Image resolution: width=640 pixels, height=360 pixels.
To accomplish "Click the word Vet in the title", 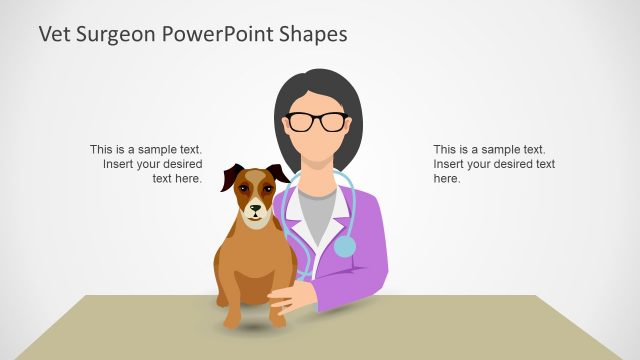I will pyautogui.click(x=54, y=34).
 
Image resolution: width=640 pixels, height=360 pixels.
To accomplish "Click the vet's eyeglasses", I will pyautogui.click(x=317, y=122).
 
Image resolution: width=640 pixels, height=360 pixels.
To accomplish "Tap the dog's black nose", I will pyautogui.click(x=255, y=210).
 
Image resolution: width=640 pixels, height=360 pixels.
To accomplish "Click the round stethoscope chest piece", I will pyautogui.click(x=344, y=245).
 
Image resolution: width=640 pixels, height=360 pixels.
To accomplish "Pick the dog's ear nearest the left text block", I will pyautogui.click(x=232, y=178).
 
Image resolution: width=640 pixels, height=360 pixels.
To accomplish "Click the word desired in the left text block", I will pyautogui.click(x=181, y=164).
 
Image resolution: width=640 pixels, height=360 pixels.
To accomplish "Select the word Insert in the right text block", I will pyautogui.click(x=449, y=164).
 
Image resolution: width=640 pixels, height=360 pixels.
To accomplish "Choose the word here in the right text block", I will pyautogui.click(x=446, y=179).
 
